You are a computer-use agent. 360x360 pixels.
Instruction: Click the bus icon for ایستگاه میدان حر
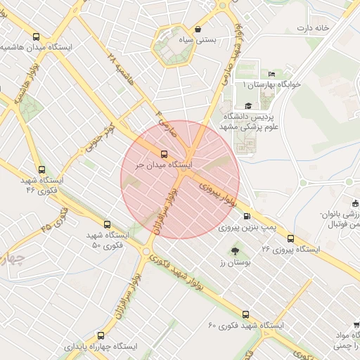(x=165, y=154)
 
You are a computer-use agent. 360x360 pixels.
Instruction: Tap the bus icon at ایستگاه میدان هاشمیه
(x=36, y=37)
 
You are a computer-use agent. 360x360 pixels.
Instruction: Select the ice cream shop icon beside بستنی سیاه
(x=199, y=30)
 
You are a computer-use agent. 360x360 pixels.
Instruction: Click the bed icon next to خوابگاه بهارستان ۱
(x=272, y=75)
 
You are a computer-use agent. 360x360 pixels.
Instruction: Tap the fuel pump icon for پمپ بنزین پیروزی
(x=246, y=217)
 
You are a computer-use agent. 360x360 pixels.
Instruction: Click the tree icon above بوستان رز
(x=235, y=250)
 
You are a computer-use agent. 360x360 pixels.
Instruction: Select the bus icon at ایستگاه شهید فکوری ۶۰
(x=245, y=314)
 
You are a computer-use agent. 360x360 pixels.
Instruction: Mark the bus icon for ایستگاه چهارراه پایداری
(x=101, y=335)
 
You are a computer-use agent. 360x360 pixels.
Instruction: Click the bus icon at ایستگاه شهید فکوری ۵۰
(x=107, y=224)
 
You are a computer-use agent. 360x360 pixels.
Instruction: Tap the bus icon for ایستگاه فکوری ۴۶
(x=41, y=169)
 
